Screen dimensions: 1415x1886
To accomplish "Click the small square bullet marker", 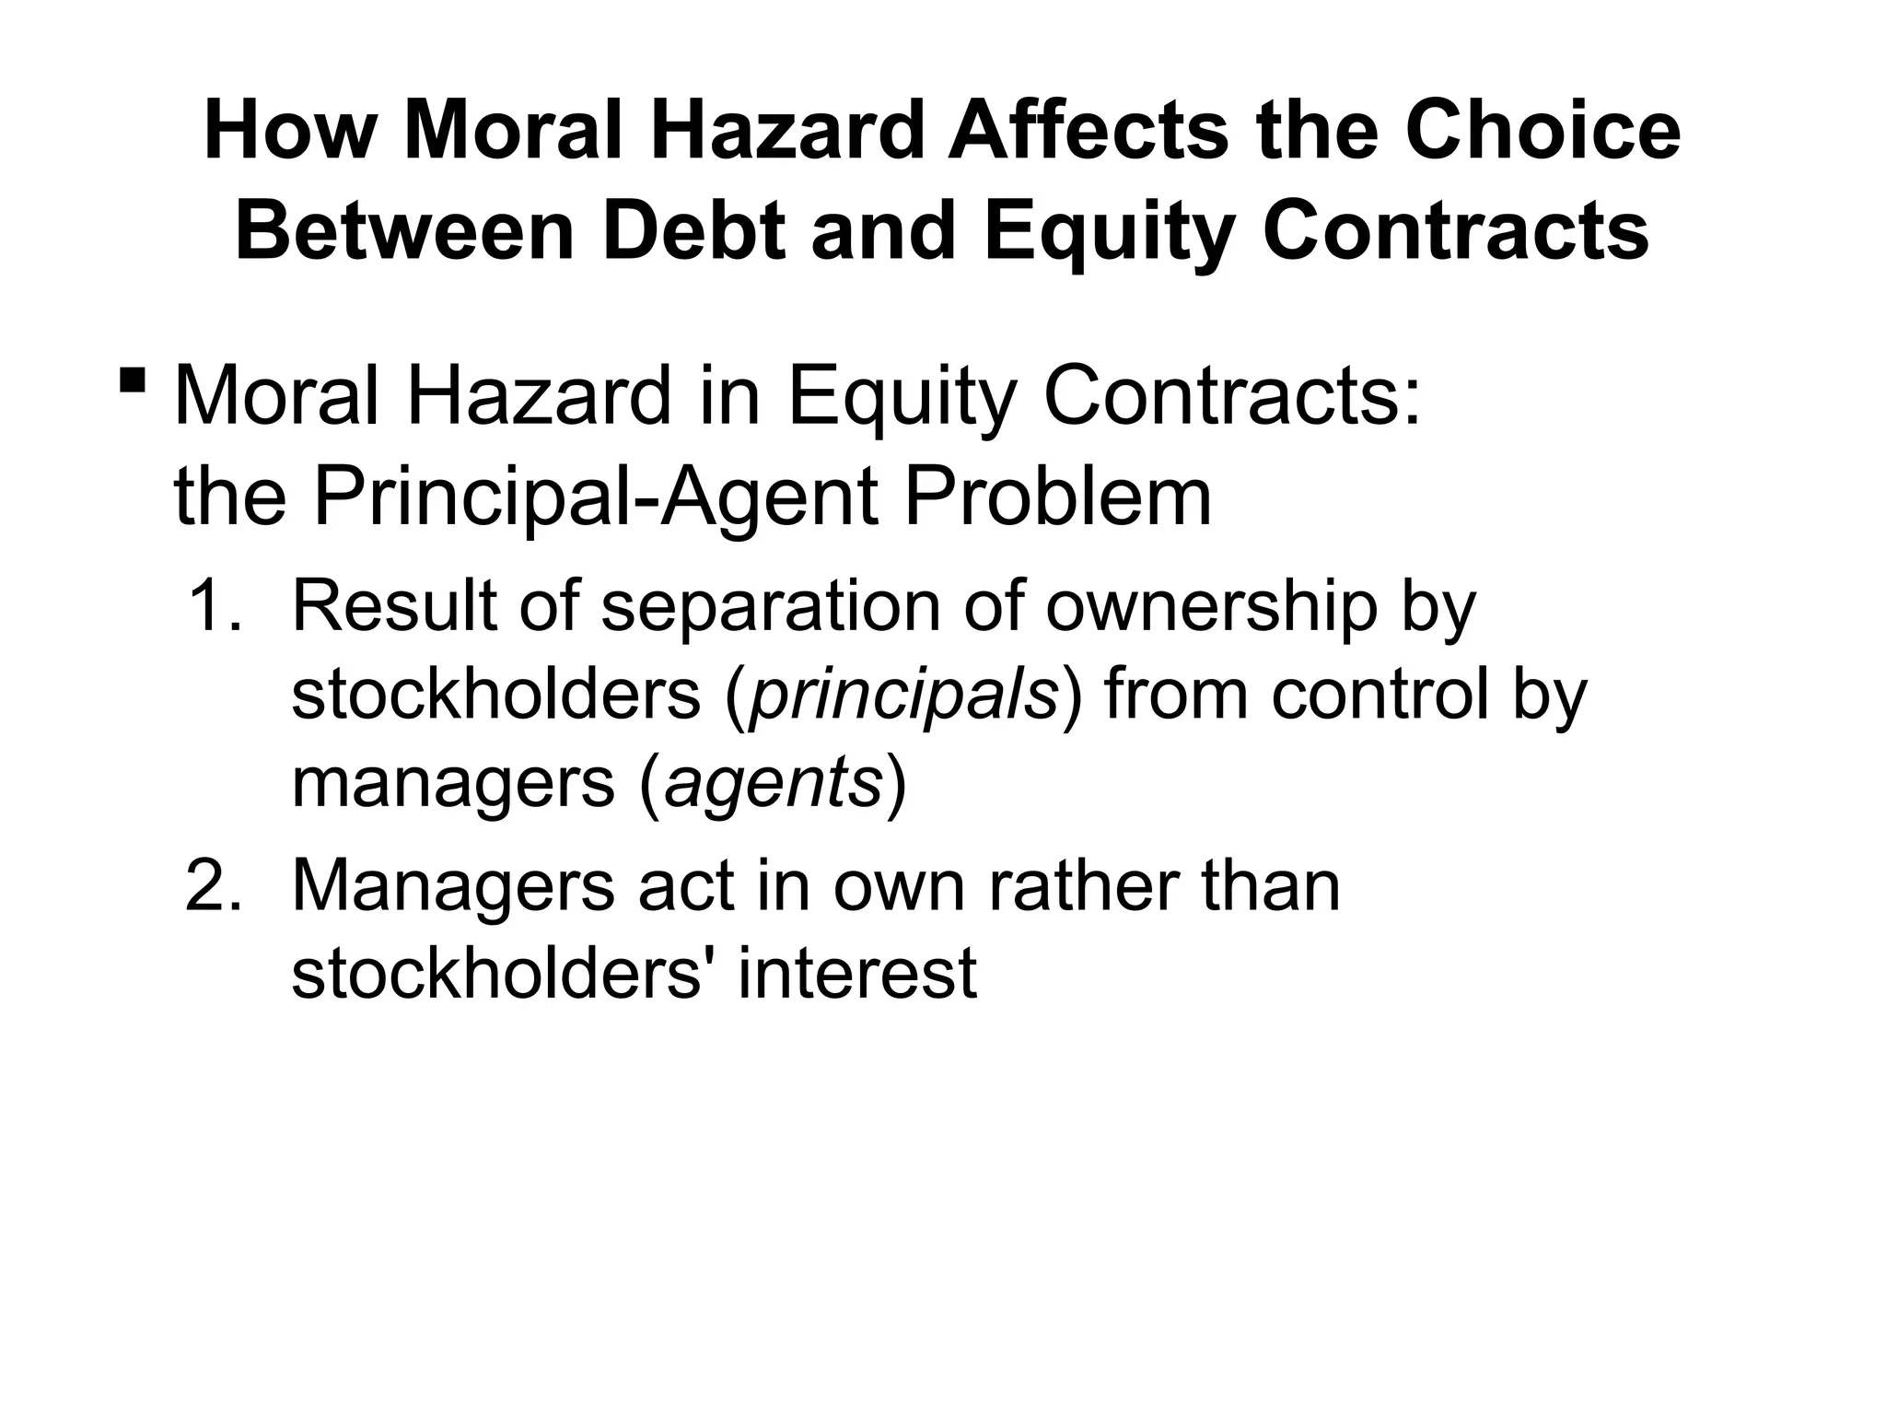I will point(133,378).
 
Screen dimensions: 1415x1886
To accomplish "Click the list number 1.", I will point(213,608).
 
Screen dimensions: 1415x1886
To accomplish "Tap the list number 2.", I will point(213,886).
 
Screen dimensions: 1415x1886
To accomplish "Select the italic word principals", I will point(903,697).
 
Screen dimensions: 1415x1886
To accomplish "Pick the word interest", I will point(856,974).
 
